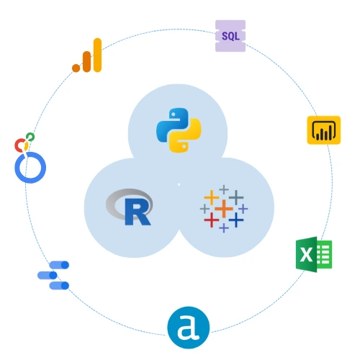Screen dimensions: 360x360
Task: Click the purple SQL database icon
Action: (x=230, y=36)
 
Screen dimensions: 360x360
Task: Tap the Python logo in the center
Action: (x=179, y=130)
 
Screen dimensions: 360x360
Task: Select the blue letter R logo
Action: (x=138, y=212)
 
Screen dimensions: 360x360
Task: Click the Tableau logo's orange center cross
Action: (x=224, y=209)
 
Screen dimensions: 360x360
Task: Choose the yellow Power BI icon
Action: (x=324, y=130)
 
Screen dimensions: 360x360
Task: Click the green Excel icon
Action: (x=314, y=254)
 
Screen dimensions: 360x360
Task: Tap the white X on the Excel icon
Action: (x=306, y=254)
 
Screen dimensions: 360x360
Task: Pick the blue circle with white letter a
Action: (x=189, y=328)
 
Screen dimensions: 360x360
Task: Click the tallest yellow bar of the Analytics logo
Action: (x=97, y=55)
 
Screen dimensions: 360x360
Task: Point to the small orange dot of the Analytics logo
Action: (x=76, y=68)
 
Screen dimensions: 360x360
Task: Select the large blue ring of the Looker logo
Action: (x=30, y=167)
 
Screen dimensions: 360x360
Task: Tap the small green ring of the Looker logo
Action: (x=30, y=137)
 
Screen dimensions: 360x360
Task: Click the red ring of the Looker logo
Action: (x=19, y=145)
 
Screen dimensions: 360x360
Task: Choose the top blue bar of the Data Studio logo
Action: (x=59, y=265)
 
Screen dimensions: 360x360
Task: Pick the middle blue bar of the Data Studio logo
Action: (x=48, y=275)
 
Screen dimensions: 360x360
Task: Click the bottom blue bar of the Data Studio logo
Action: (x=59, y=286)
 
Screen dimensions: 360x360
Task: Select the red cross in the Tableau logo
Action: (x=212, y=220)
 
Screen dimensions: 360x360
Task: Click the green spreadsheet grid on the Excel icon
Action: (x=325, y=254)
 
